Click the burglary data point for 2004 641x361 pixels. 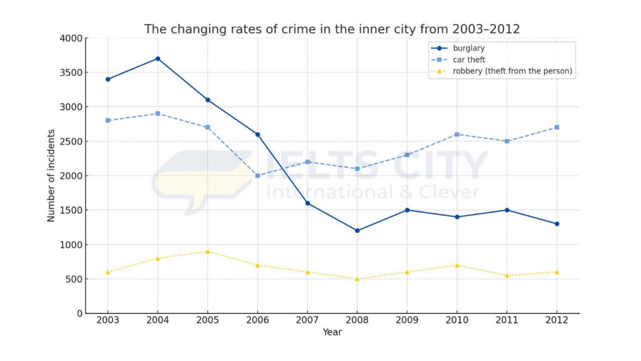point(158,59)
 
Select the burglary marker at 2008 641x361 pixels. point(357,231)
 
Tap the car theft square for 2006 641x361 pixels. point(257,175)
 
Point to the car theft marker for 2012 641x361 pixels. point(557,127)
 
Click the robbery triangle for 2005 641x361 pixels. point(208,251)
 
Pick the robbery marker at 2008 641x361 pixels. point(357,279)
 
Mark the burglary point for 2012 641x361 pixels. point(557,224)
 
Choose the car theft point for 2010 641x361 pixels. point(457,134)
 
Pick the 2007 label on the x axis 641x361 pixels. point(307,320)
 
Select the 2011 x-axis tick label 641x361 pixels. point(507,320)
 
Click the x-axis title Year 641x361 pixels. point(332,332)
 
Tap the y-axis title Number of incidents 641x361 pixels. point(51,175)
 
